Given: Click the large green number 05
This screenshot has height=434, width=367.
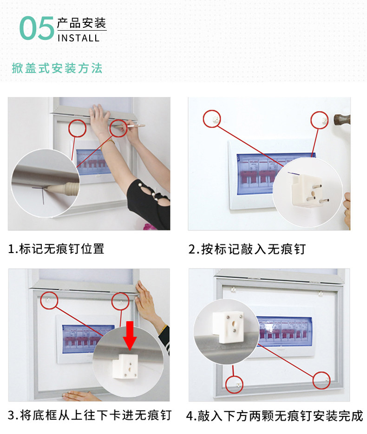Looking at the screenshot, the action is pyautogui.click(x=37, y=28).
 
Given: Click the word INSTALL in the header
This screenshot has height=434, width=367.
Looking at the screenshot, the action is pyautogui.click(x=79, y=38).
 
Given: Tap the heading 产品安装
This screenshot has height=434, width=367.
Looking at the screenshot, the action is pyautogui.click(x=81, y=23).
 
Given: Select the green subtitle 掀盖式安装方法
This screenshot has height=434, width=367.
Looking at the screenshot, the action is pyautogui.click(x=57, y=68).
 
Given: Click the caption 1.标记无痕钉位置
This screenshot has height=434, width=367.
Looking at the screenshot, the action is pyautogui.click(x=56, y=248).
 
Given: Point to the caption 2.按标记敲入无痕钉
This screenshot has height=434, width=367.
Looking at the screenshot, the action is pyautogui.click(x=247, y=249).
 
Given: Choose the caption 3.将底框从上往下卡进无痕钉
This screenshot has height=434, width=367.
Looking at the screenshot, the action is pyautogui.click(x=90, y=415).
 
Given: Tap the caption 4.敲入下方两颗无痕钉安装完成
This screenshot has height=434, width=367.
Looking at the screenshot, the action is pyautogui.click(x=275, y=416).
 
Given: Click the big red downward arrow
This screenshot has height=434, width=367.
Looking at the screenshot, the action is pyautogui.click(x=130, y=335).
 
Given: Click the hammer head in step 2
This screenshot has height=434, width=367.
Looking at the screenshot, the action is pyautogui.click(x=342, y=120).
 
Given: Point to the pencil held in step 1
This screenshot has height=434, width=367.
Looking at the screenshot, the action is pyautogui.click(x=130, y=126).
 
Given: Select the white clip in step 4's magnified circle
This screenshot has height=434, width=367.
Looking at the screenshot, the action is pyautogui.click(x=228, y=327).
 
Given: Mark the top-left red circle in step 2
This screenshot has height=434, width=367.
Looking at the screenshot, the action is pyautogui.click(x=212, y=119).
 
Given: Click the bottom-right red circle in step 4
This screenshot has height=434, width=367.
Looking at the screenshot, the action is pyautogui.click(x=321, y=380).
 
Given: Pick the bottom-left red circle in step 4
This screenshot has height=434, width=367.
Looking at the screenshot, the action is pyautogui.click(x=234, y=384).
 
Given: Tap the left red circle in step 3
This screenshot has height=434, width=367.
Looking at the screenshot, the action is pyautogui.click(x=49, y=300).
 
